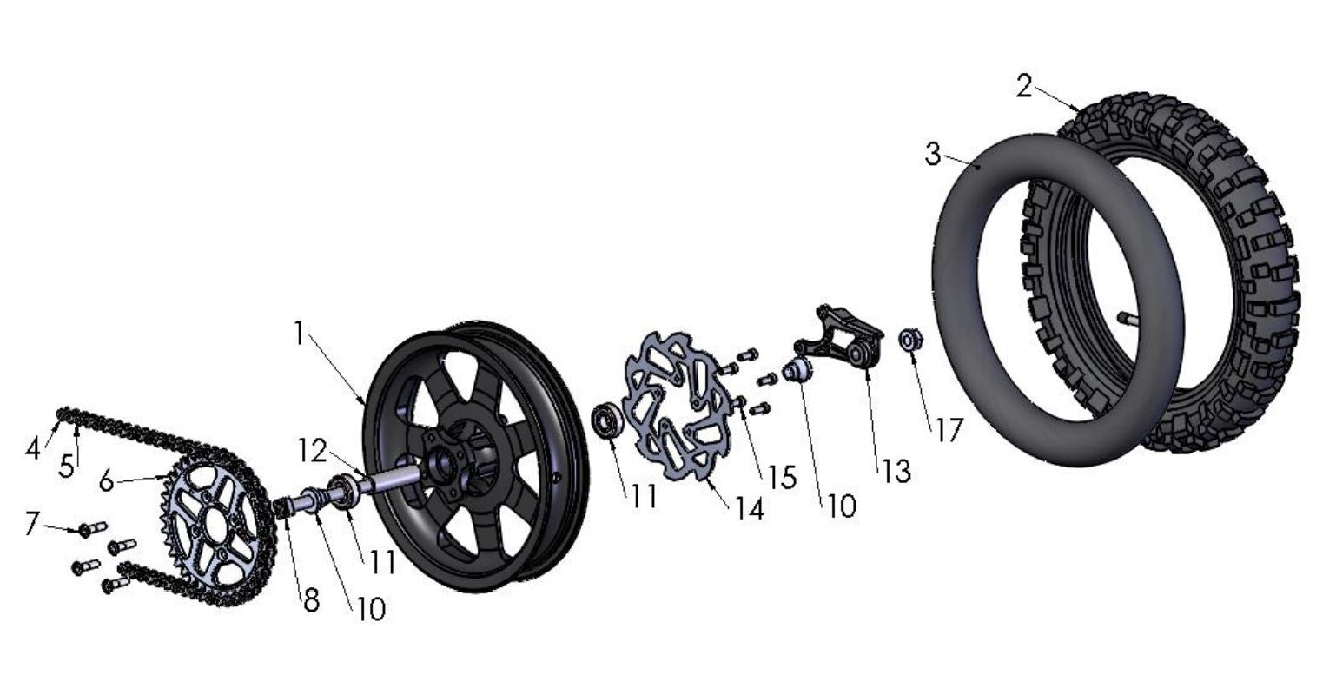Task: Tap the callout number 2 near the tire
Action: [x=1025, y=87]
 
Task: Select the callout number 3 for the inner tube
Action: [x=933, y=155]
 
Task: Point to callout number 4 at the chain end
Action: [x=34, y=448]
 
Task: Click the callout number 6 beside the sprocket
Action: [x=106, y=480]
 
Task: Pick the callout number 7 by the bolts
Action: [x=31, y=524]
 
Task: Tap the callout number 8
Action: [x=311, y=599]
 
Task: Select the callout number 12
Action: [x=311, y=451]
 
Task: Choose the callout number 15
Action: [x=783, y=476]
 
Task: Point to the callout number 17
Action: [x=949, y=429]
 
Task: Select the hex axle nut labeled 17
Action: [x=910, y=340]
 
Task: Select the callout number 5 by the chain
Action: [x=67, y=466]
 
